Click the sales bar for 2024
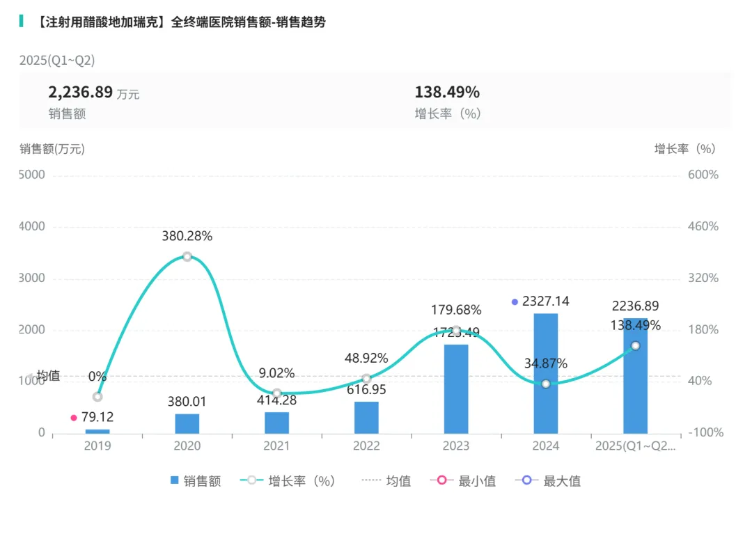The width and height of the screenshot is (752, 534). [x=545, y=373]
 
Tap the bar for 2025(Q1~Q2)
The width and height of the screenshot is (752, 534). [x=635, y=376]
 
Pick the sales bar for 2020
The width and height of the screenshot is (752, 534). [x=187, y=423]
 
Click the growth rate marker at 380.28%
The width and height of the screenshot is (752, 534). [x=187, y=256]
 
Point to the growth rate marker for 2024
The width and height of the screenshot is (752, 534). [x=546, y=384]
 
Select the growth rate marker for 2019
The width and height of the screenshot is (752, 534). [x=97, y=396]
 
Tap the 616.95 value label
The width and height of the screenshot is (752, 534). [x=366, y=390]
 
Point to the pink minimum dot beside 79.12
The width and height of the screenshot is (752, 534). [x=74, y=418]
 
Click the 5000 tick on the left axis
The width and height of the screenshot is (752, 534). [x=32, y=175]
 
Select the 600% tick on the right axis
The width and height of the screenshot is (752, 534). [x=703, y=175]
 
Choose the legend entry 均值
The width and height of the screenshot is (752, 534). [x=386, y=480]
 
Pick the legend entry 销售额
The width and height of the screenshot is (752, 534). [x=196, y=480]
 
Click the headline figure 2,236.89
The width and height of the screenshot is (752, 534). [x=80, y=92]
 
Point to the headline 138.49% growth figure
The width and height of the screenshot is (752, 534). [x=447, y=92]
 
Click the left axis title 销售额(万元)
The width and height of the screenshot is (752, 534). [x=52, y=148]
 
